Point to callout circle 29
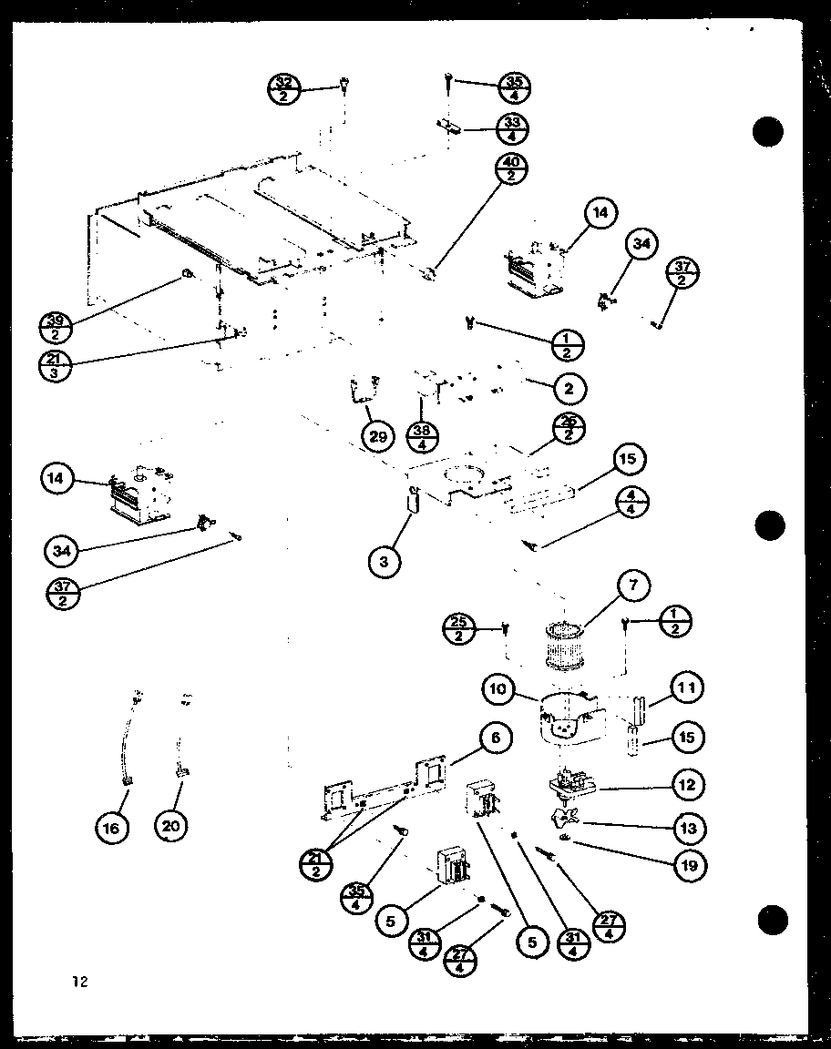click(378, 436)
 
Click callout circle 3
click(385, 562)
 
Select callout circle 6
click(494, 738)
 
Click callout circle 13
click(687, 828)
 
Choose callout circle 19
click(689, 865)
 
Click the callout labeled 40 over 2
click(508, 168)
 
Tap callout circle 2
click(568, 389)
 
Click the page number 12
click(81, 981)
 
